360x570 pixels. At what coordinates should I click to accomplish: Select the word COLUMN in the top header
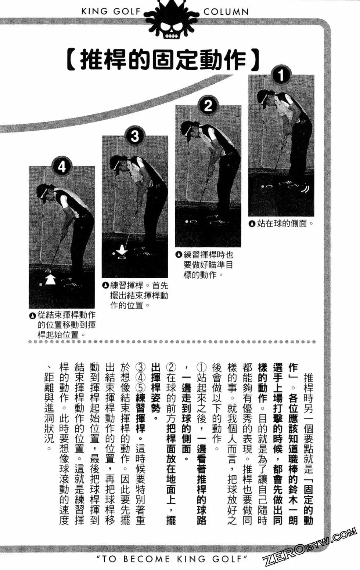pos(226,12)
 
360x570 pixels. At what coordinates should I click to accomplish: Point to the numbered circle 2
pos(208,106)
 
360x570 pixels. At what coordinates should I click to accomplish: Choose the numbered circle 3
pos(135,137)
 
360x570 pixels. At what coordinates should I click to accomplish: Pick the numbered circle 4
pos(62,167)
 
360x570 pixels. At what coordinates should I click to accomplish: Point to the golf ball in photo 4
pos(40,284)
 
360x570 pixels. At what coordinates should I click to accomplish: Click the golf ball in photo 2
pos(187,222)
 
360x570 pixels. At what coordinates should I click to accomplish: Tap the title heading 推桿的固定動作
pos(163,60)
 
